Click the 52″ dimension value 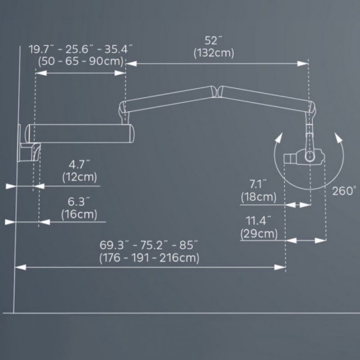point(213,41)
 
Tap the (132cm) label point(214,53)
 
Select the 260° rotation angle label point(344,191)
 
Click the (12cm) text point(79,177)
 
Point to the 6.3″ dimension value point(79,202)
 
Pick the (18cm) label point(259,197)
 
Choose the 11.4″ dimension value point(259,220)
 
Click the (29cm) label point(259,234)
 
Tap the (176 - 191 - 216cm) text point(149,258)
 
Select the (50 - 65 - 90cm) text point(81,61)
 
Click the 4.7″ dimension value point(79,165)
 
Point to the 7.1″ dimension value point(258,184)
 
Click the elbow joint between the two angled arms point(216,91)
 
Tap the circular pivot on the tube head point(310,156)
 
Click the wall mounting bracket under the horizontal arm point(29,152)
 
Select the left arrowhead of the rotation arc point(279,138)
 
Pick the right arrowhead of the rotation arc point(338,138)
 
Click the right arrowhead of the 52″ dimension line point(303,63)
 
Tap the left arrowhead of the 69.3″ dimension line point(20,268)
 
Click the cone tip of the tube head point(288,158)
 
